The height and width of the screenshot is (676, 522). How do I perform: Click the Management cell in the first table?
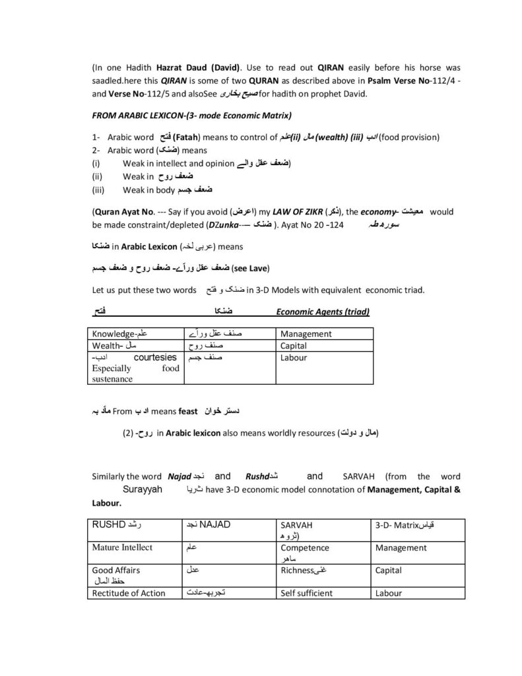pos(306,334)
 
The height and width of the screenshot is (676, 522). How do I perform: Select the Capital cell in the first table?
pos(294,346)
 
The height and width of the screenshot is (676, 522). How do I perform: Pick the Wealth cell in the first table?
pos(109,346)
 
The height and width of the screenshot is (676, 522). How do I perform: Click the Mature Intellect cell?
pos(122,548)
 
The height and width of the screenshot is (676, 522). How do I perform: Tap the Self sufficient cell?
pos(306,593)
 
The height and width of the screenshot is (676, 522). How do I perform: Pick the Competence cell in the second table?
pos(308,548)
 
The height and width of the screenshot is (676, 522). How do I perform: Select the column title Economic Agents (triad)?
pos(322,312)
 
